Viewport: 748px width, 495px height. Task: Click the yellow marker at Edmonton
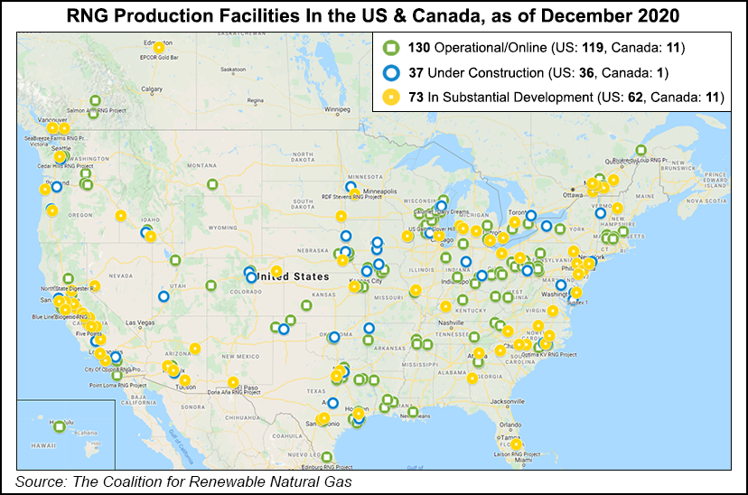pyautogui.click(x=159, y=48)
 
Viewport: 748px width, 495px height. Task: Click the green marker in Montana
pyautogui.click(x=212, y=184)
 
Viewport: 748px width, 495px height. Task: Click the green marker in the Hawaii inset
pyautogui.click(x=60, y=426)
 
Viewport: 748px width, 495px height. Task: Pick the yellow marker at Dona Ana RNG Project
pyautogui.click(x=233, y=382)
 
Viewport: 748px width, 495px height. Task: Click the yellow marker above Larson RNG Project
pyautogui.click(x=516, y=444)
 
